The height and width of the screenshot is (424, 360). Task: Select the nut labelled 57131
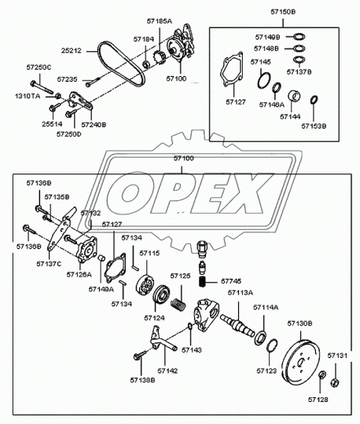click(x=335, y=383)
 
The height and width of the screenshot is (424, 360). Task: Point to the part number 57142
click(x=167, y=370)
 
